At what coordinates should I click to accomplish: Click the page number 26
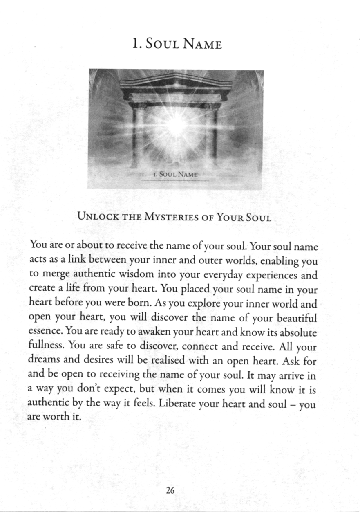(x=170, y=490)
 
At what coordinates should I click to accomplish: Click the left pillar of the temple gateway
(x=136, y=137)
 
